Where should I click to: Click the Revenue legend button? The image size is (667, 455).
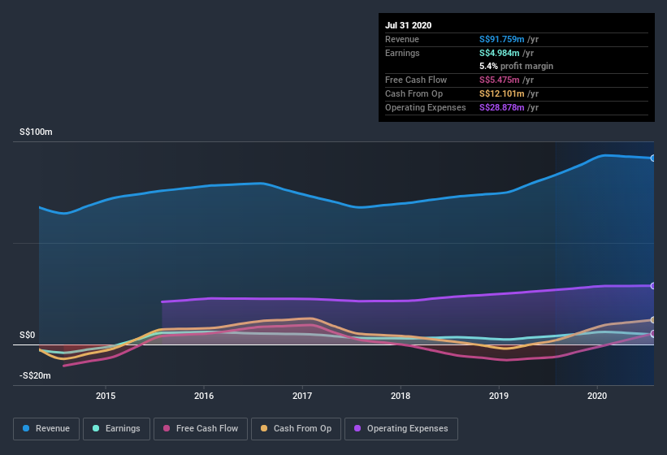pos(45,428)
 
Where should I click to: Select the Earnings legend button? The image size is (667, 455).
pos(116,428)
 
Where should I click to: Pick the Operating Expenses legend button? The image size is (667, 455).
pos(401,428)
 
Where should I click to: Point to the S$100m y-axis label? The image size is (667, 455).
pos(36,132)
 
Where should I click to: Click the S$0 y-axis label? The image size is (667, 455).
pos(28,335)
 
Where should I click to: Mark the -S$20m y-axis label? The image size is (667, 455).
pos(35,375)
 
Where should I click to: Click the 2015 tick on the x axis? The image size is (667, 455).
pos(106,396)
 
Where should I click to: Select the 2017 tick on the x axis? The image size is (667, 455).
pos(302,396)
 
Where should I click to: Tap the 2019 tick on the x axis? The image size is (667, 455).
pos(499,396)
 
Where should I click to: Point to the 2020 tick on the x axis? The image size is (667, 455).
pos(597,396)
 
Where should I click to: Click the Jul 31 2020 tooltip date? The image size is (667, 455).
pos(409,25)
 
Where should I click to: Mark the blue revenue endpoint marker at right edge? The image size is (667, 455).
pos(653,158)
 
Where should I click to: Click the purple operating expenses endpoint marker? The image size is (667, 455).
pos(653,286)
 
